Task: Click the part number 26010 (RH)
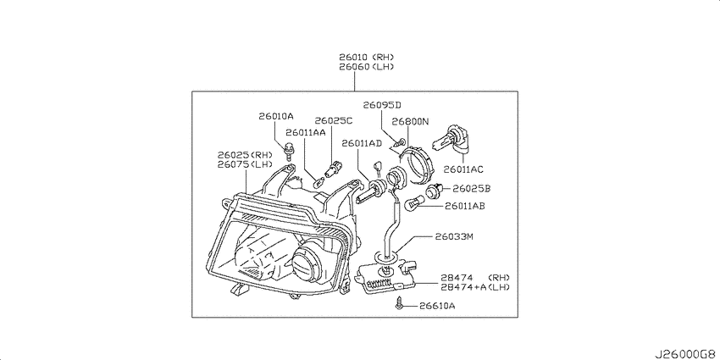pos(367,58)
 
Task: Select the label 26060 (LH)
pos(367,67)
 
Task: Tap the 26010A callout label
pos(275,116)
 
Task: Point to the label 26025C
pos(334,121)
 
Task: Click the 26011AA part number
pos(305,133)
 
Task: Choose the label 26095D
pos(382,105)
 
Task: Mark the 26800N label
pos(410,122)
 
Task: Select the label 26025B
pos(472,188)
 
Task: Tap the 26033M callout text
pos(454,237)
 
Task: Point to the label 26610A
pos(437,305)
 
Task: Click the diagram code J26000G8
pos(687,354)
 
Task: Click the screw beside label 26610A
pos(399,303)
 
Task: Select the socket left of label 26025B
pos(434,191)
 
